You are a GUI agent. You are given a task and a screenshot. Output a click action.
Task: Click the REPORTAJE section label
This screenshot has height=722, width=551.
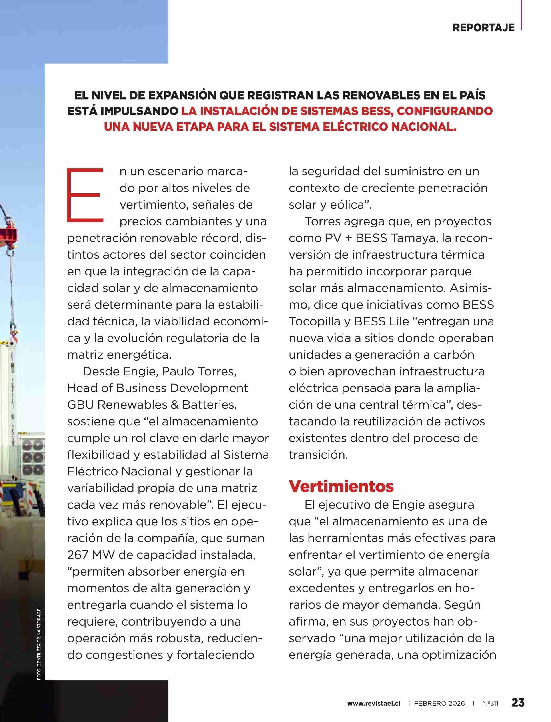(483, 28)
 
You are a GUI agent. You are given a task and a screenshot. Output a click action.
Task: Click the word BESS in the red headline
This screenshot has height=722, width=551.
(375, 111)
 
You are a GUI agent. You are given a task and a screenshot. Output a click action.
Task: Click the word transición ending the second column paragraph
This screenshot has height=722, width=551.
(318, 455)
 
